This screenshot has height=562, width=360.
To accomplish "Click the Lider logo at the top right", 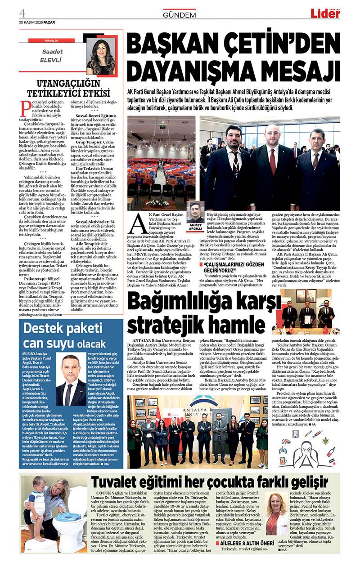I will coord(325,13).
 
